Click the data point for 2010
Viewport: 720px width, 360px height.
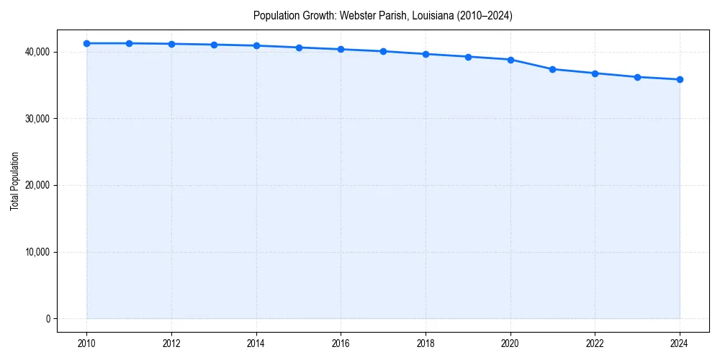point(86,43)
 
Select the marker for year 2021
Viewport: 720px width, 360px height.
point(552,69)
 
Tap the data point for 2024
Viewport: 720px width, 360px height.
point(680,79)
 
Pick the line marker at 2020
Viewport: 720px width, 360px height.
point(510,60)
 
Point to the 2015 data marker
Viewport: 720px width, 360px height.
point(299,48)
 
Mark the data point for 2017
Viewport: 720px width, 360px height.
point(383,51)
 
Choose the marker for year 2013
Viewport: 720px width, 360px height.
point(214,45)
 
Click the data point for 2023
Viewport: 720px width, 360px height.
point(637,77)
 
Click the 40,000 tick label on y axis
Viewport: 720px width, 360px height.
point(37,52)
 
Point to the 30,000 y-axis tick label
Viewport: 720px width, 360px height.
point(37,119)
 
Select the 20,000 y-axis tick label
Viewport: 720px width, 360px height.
point(37,185)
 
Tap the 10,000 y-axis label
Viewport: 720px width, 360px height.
point(37,252)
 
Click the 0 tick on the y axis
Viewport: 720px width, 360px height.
point(47,319)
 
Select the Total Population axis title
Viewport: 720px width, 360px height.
point(14,181)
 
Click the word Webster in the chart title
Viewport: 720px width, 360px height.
point(355,15)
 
